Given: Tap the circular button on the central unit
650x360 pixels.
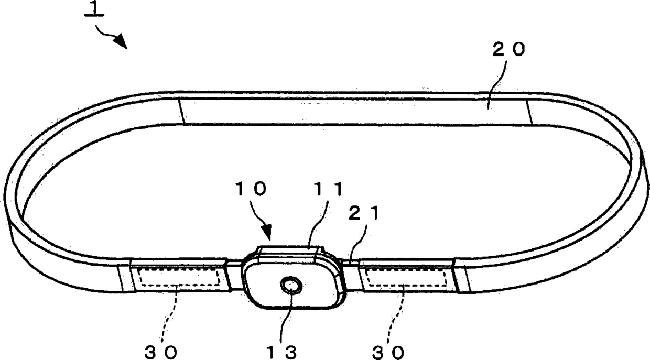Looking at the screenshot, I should [291, 286].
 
